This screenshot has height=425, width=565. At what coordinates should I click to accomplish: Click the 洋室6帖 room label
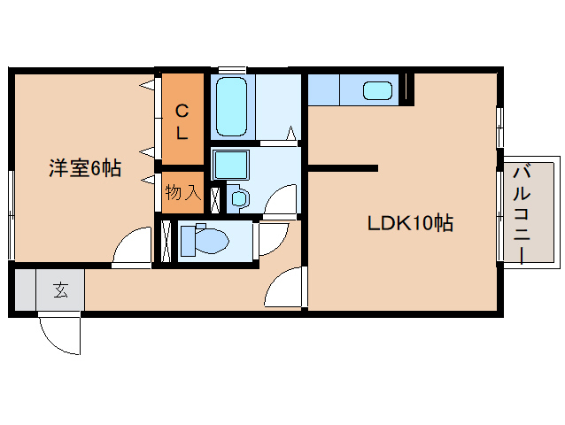click(x=85, y=167)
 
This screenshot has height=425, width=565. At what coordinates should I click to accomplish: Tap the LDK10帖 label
click(x=411, y=223)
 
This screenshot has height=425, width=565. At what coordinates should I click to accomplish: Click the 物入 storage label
click(x=183, y=192)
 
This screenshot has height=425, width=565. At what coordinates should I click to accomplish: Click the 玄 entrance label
click(x=60, y=289)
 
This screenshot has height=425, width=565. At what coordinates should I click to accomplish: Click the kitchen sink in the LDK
click(x=378, y=91)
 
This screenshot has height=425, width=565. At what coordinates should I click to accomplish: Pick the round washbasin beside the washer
click(x=240, y=198)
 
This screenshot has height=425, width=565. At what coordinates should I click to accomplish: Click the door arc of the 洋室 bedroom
click(x=130, y=246)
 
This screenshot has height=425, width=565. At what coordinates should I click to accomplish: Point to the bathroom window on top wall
click(x=233, y=70)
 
